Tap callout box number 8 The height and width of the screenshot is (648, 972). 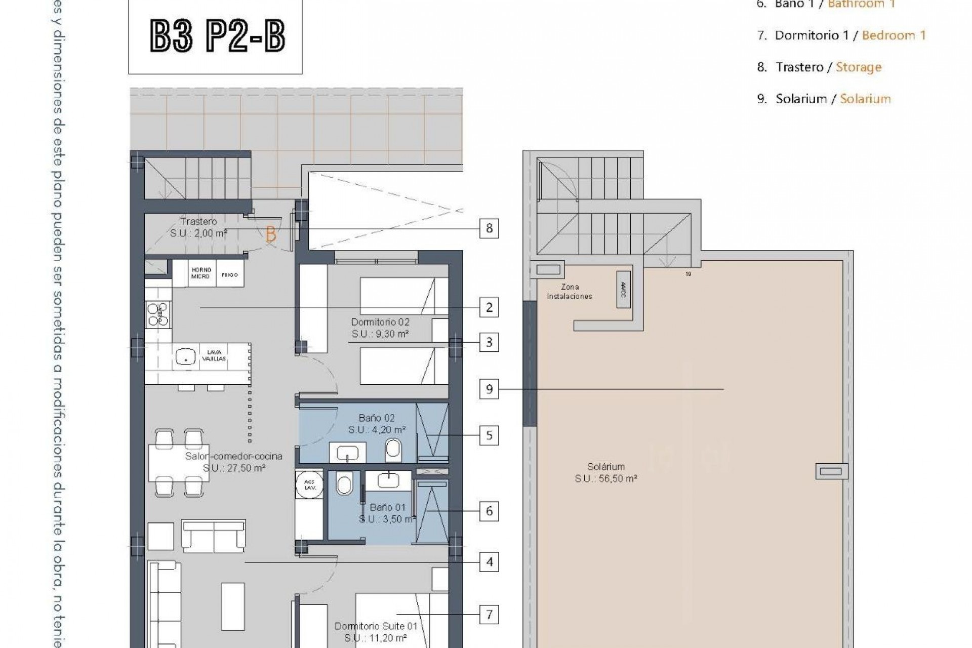click(489, 228)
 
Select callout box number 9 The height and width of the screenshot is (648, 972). click(489, 389)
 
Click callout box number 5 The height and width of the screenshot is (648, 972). click(489, 435)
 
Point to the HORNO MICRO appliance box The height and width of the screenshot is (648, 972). click(200, 273)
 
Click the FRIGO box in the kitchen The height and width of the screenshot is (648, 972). click(229, 275)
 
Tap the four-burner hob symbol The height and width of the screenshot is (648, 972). click(157, 314)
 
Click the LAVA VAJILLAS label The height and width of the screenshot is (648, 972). click(214, 355)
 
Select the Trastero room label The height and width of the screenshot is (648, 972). click(198, 222)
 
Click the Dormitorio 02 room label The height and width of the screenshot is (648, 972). click(380, 322)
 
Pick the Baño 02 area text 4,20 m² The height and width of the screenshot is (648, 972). click(377, 430)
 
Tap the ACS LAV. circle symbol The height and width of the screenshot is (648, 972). click(309, 484)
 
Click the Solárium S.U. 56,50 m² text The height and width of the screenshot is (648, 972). click(605, 478)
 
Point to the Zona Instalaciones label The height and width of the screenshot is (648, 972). click(570, 292)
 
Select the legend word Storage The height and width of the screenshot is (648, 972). click(859, 67)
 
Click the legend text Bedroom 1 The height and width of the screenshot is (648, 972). click(894, 35)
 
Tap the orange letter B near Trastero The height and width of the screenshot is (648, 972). click(271, 235)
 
